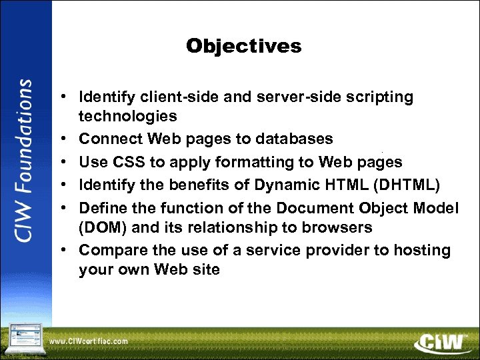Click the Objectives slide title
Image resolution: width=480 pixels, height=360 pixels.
click(243, 46)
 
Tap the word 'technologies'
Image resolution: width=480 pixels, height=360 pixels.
click(127, 117)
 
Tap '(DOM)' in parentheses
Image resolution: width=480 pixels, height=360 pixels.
click(104, 227)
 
